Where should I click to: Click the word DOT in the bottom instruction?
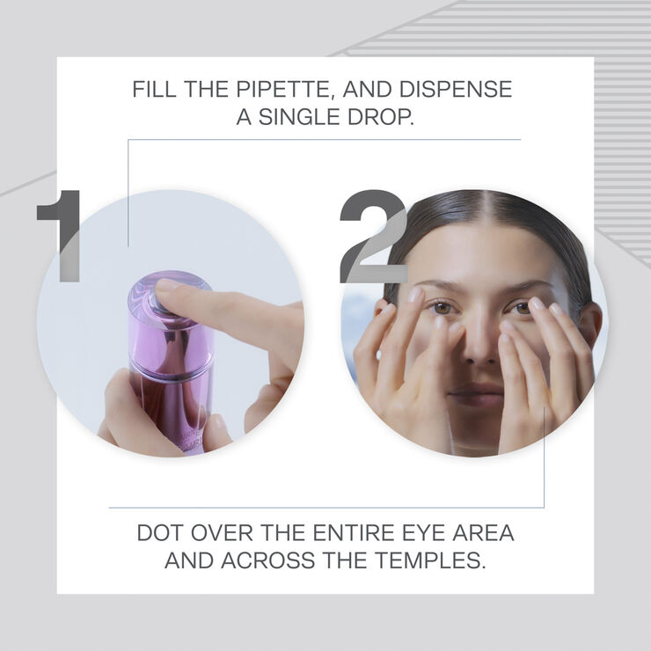160,534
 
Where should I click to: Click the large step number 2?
372,236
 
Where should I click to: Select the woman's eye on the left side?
442,308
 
